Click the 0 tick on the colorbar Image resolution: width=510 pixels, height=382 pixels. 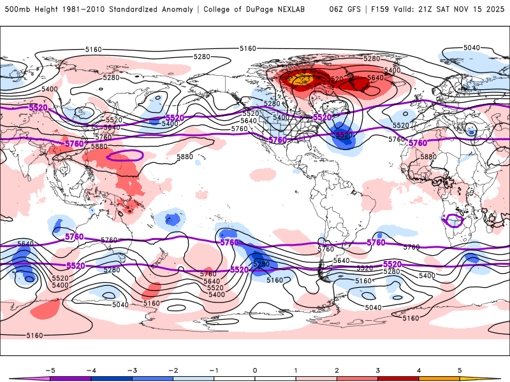click(254, 369)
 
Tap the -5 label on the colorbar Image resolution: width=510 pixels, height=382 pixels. click(49, 369)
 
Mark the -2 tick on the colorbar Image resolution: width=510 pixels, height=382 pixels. click(173, 369)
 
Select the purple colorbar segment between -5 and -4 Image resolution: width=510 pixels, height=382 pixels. click(70, 378)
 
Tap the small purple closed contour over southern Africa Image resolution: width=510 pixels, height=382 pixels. click(454, 220)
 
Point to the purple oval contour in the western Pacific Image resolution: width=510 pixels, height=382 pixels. click(126, 155)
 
